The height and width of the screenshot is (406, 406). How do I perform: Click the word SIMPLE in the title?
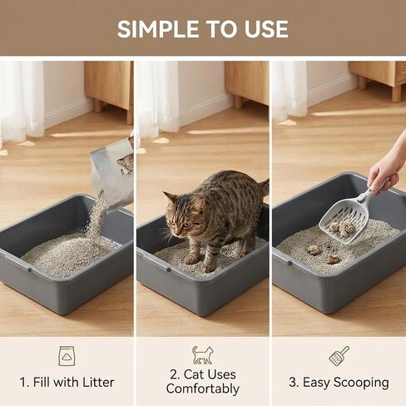coord(158,29)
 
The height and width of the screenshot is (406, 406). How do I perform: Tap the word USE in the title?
coord(266,29)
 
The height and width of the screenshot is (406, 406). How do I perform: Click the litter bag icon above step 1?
coord(67,356)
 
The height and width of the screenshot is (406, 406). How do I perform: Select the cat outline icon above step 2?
coord(203,355)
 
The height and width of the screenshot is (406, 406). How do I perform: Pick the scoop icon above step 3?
coord(339,356)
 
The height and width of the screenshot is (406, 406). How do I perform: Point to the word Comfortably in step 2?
coord(203,389)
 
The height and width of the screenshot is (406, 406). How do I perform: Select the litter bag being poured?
coord(114,173)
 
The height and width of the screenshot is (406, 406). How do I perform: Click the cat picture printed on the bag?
coord(126,164)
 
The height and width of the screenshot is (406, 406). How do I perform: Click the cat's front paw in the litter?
coord(192,260)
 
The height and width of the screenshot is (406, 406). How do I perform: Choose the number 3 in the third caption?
coord(293,382)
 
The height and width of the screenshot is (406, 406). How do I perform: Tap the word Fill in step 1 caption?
coord(42,382)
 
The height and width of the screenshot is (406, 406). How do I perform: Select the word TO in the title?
coord(221,29)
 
